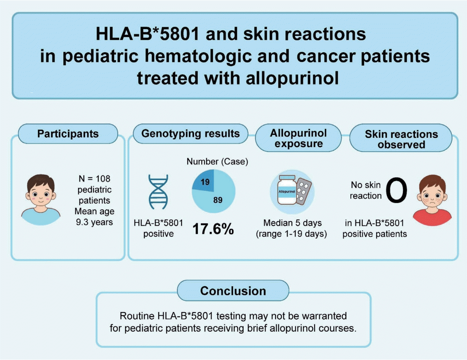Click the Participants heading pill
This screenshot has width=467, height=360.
click(x=68, y=134)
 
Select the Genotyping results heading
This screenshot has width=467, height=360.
click(x=190, y=134)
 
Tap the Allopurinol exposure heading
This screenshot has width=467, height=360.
click(x=298, y=138)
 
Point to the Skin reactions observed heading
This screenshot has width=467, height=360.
click(x=401, y=139)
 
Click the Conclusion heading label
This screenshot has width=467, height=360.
click(x=233, y=291)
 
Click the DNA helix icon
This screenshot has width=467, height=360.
click(x=159, y=192)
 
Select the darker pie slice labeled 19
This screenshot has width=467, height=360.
click(x=204, y=181)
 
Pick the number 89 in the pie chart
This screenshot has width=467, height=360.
click(x=218, y=200)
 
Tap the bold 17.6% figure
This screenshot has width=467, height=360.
click(x=213, y=229)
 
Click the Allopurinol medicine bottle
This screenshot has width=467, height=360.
click(x=287, y=190)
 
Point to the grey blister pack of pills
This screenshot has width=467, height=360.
click(x=303, y=191)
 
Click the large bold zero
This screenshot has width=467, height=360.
click(x=396, y=190)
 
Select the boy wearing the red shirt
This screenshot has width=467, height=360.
click(x=432, y=200)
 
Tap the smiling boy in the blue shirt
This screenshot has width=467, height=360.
click(x=41, y=199)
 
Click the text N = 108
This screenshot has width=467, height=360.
click(x=94, y=179)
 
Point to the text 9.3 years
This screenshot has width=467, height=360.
click(x=94, y=222)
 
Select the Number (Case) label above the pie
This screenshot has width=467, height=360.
click(x=217, y=161)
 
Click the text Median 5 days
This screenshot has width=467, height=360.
click(x=293, y=223)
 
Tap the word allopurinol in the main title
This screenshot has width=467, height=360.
click(x=293, y=78)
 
